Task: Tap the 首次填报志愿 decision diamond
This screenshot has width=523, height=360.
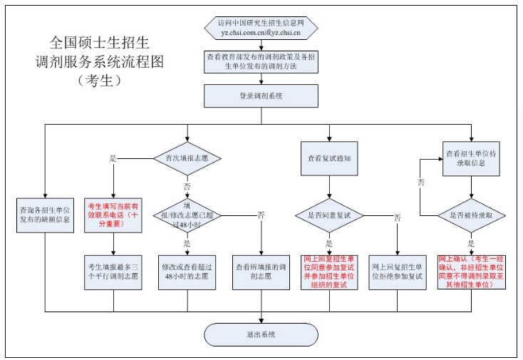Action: pos(187,158)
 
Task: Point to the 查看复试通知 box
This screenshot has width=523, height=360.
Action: pos(328,158)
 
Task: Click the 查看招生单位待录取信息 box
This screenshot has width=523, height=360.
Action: pos(471,158)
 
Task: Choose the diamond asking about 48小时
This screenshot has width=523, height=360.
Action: pos(187,214)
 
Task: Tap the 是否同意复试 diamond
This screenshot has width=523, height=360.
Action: pos(328,214)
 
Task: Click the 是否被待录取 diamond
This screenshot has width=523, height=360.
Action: pos(471,214)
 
